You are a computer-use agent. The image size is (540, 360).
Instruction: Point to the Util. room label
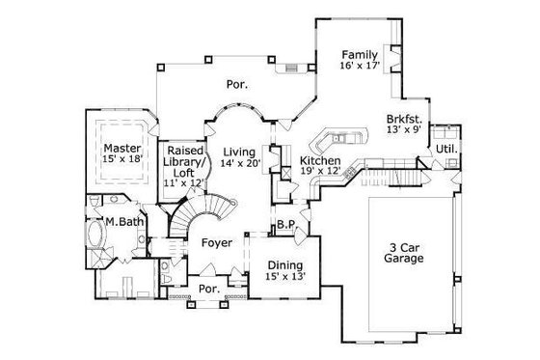pyautogui.click(x=446, y=150)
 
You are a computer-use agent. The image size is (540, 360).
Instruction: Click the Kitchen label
pyautogui.click(x=319, y=160)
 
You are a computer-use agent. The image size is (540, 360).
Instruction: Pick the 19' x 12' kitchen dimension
pyautogui.click(x=319, y=172)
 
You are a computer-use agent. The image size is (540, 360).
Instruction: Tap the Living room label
pyautogui.click(x=238, y=152)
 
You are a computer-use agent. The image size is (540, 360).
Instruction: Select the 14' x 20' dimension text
pyautogui.click(x=238, y=164)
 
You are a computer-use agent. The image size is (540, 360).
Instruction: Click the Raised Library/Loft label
pyautogui.click(x=184, y=158)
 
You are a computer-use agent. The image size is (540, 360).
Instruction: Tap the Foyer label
pyautogui.click(x=216, y=242)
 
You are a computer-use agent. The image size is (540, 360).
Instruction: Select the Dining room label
pyautogui.click(x=285, y=265)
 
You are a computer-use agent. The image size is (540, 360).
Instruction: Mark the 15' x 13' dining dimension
pyautogui.click(x=285, y=277)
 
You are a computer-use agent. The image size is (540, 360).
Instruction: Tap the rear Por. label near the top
pyautogui.click(x=237, y=85)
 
